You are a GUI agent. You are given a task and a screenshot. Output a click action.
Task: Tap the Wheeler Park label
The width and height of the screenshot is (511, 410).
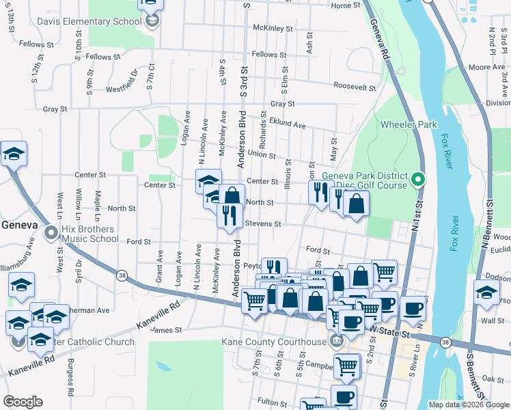point(409,125)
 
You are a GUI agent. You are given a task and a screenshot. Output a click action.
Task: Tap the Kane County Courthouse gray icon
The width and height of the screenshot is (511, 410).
point(335,341)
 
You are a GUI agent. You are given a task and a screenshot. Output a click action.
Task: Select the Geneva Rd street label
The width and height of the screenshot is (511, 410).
point(381,40)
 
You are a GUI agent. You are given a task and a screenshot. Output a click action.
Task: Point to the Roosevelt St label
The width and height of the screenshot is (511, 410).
point(355,86)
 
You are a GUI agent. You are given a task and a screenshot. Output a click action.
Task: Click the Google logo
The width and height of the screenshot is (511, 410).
point(23,401)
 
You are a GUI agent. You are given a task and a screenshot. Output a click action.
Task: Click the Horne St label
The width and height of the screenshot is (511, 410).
point(345,5)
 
